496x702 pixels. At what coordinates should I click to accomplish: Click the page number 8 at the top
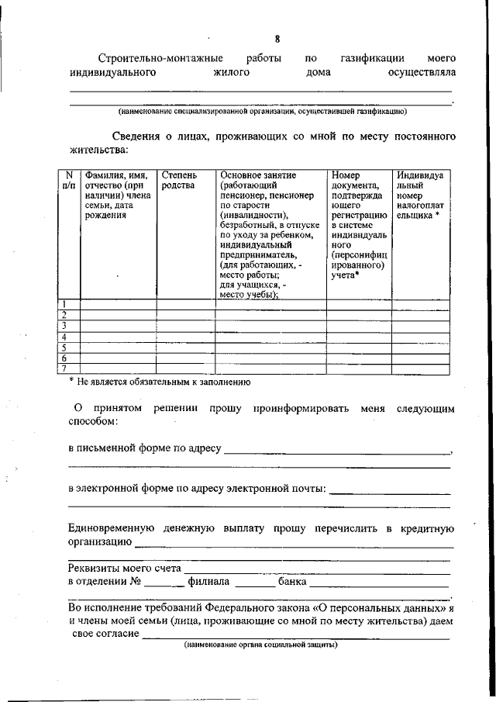point(277,40)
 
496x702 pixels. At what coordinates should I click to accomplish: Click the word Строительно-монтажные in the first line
point(160,58)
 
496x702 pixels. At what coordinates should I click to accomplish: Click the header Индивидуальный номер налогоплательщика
point(419,195)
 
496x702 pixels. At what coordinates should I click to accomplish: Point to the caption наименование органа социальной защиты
point(260,645)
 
